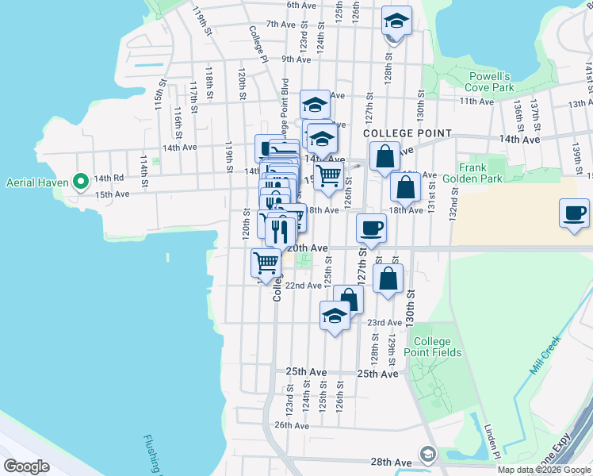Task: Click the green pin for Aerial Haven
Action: (x=80, y=182)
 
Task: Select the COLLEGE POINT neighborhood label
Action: (x=407, y=134)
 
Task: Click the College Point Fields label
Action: (x=432, y=346)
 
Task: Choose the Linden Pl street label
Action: (x=492, y=441)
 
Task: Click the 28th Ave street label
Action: (x=391, y=462)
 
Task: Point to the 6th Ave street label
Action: (x=301, y=5)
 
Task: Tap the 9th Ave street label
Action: (x=296, y=59)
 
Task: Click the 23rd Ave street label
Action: (x=384, y=322)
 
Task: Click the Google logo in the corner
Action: (x=26, y=466)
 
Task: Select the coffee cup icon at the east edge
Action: (x=574, y=213)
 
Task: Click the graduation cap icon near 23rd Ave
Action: (x=335, y=316)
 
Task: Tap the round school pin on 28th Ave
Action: (x=428, y=454)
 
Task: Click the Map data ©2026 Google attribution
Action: (x=544, y=470)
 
